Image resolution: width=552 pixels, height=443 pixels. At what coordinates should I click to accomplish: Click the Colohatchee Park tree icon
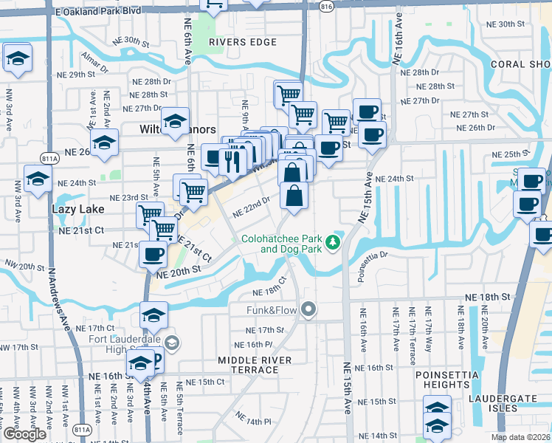333,241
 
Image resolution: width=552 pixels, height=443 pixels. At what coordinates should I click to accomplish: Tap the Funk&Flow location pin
308,310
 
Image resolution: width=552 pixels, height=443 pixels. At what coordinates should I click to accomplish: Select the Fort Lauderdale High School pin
171,343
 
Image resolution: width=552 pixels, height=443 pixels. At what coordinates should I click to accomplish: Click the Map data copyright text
520,437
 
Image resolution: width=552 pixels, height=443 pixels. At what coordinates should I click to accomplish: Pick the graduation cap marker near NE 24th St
38,179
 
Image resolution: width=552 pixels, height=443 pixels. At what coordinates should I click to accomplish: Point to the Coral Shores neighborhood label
521,64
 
